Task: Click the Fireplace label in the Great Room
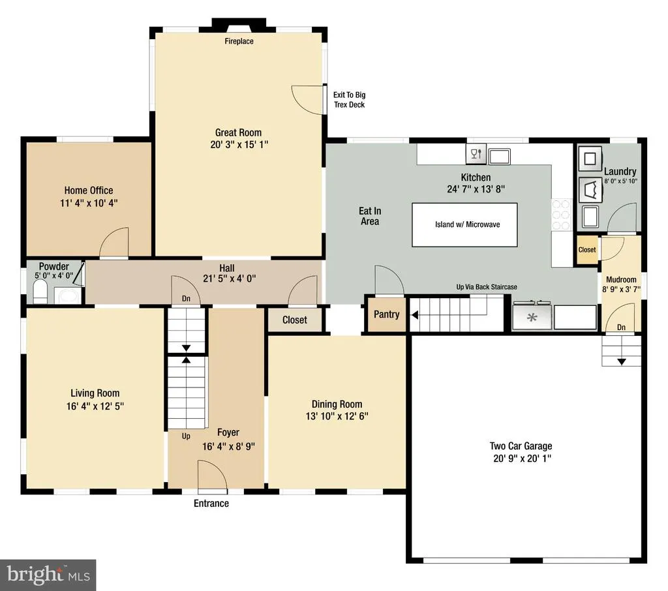[x=239, y=41]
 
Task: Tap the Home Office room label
[x=89, y=190]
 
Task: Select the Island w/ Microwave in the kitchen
[x=464, y=224]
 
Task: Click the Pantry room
[x=386, y=314]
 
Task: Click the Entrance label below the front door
[x=211, y=503]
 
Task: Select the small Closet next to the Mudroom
[x=587, y=250]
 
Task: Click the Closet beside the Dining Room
[x=295, y=320]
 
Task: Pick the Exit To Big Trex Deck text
[x=350, y=100]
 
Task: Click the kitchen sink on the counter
[x=499, y=157]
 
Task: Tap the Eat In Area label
[x=370, y=216]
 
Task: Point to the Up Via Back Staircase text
[x=487, y=287]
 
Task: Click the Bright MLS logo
[x=48, y=575]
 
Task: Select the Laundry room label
[x=620, y=172]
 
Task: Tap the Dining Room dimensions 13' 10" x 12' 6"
[x=337, y=416]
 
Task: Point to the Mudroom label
[x=621, y=280]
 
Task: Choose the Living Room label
[x=95, y=393]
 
